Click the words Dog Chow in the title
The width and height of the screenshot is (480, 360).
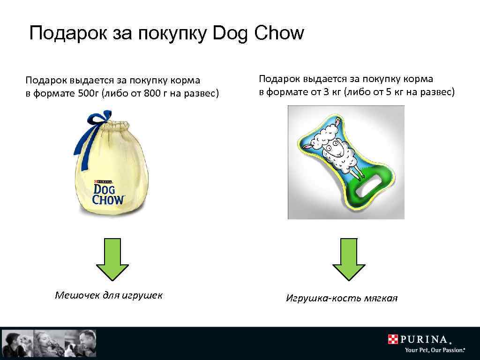[x=258, y=34]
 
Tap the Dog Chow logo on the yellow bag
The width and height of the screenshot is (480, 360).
[x=108, y=194]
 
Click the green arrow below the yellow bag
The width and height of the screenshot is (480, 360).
[x=112, y=259]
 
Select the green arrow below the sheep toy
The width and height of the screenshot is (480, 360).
[x=348, y=259]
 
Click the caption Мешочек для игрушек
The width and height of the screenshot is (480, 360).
[x=109, y=295]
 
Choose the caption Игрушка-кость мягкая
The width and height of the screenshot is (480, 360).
[x=342, y=298]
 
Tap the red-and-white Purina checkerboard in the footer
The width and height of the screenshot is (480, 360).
[x=393, y=339]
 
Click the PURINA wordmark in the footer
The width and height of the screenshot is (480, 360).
[x=427, y=339]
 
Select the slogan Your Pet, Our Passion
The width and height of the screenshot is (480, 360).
[x=435, y=350]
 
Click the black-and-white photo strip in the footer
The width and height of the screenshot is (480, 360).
[x=49, y=343]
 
